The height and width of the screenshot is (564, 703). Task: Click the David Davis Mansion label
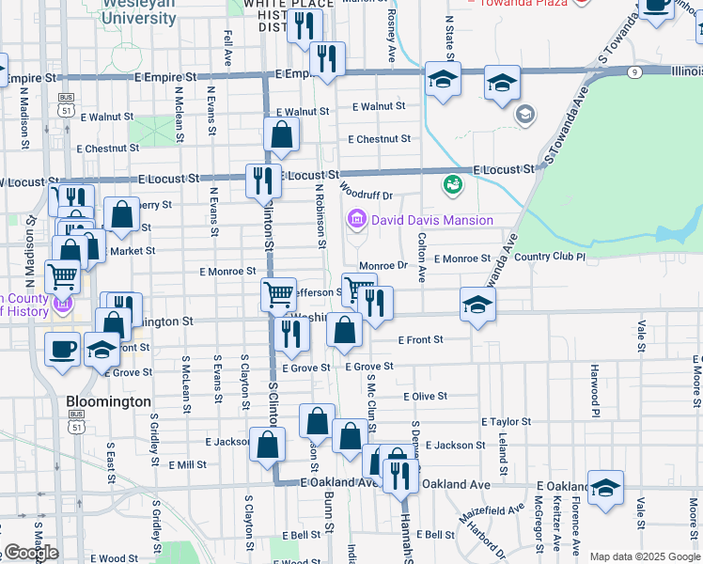pyautogui.click(x=431, y=220)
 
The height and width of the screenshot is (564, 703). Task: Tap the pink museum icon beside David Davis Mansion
pyautogui.click(x=356, y=220)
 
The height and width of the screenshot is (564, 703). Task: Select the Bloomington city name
pyautogui.click(x=108, y=401)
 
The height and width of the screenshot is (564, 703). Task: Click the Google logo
pyautogui.click(x=31, y=553)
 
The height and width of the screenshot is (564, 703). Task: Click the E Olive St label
pyautogui.click(x=425, y=397)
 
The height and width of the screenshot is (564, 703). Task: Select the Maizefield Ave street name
pyautogui.click(x=492, y=514)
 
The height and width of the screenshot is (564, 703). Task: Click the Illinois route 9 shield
pyautogui.click(x=636, y=71)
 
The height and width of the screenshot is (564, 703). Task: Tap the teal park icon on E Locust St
pyautogui.click(x=454, y=183)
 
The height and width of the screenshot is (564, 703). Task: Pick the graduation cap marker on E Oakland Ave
pyautogui.click(x=606, y=487)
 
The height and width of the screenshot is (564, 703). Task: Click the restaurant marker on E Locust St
pyautogui.click(x=263, y=180)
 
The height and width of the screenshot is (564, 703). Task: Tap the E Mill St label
pyautogui.click(x=187, y=464)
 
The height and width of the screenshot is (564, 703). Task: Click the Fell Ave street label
pyautogui.click(x=227, y=47)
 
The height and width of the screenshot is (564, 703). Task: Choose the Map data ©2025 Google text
pyautogui.click(x=644, y=556)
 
